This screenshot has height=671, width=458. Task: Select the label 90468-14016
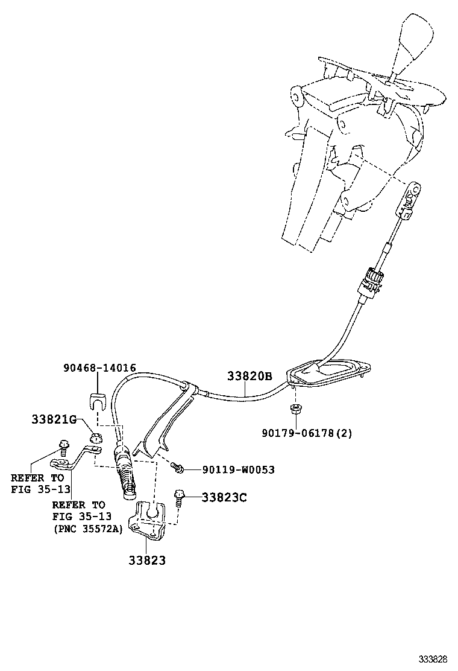[x=99, y=367]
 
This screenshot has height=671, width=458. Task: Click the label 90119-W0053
[x=230, y=469]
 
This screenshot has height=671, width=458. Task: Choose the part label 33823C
[x=224, y=497]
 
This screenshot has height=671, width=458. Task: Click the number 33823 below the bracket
[x=146, y=559]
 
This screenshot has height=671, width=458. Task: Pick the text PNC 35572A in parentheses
[x=87, y=529]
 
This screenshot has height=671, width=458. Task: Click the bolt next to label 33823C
[x=180, y=497]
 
